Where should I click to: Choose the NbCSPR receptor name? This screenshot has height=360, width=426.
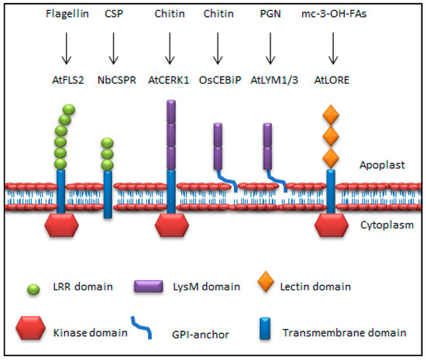click(x=114, y=78)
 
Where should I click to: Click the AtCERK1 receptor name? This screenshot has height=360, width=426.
click(x=169, y=78)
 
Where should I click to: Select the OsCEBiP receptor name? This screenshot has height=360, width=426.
click(x=220, y=78)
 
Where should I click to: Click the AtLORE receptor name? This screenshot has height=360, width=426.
click(x=332, y=78)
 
